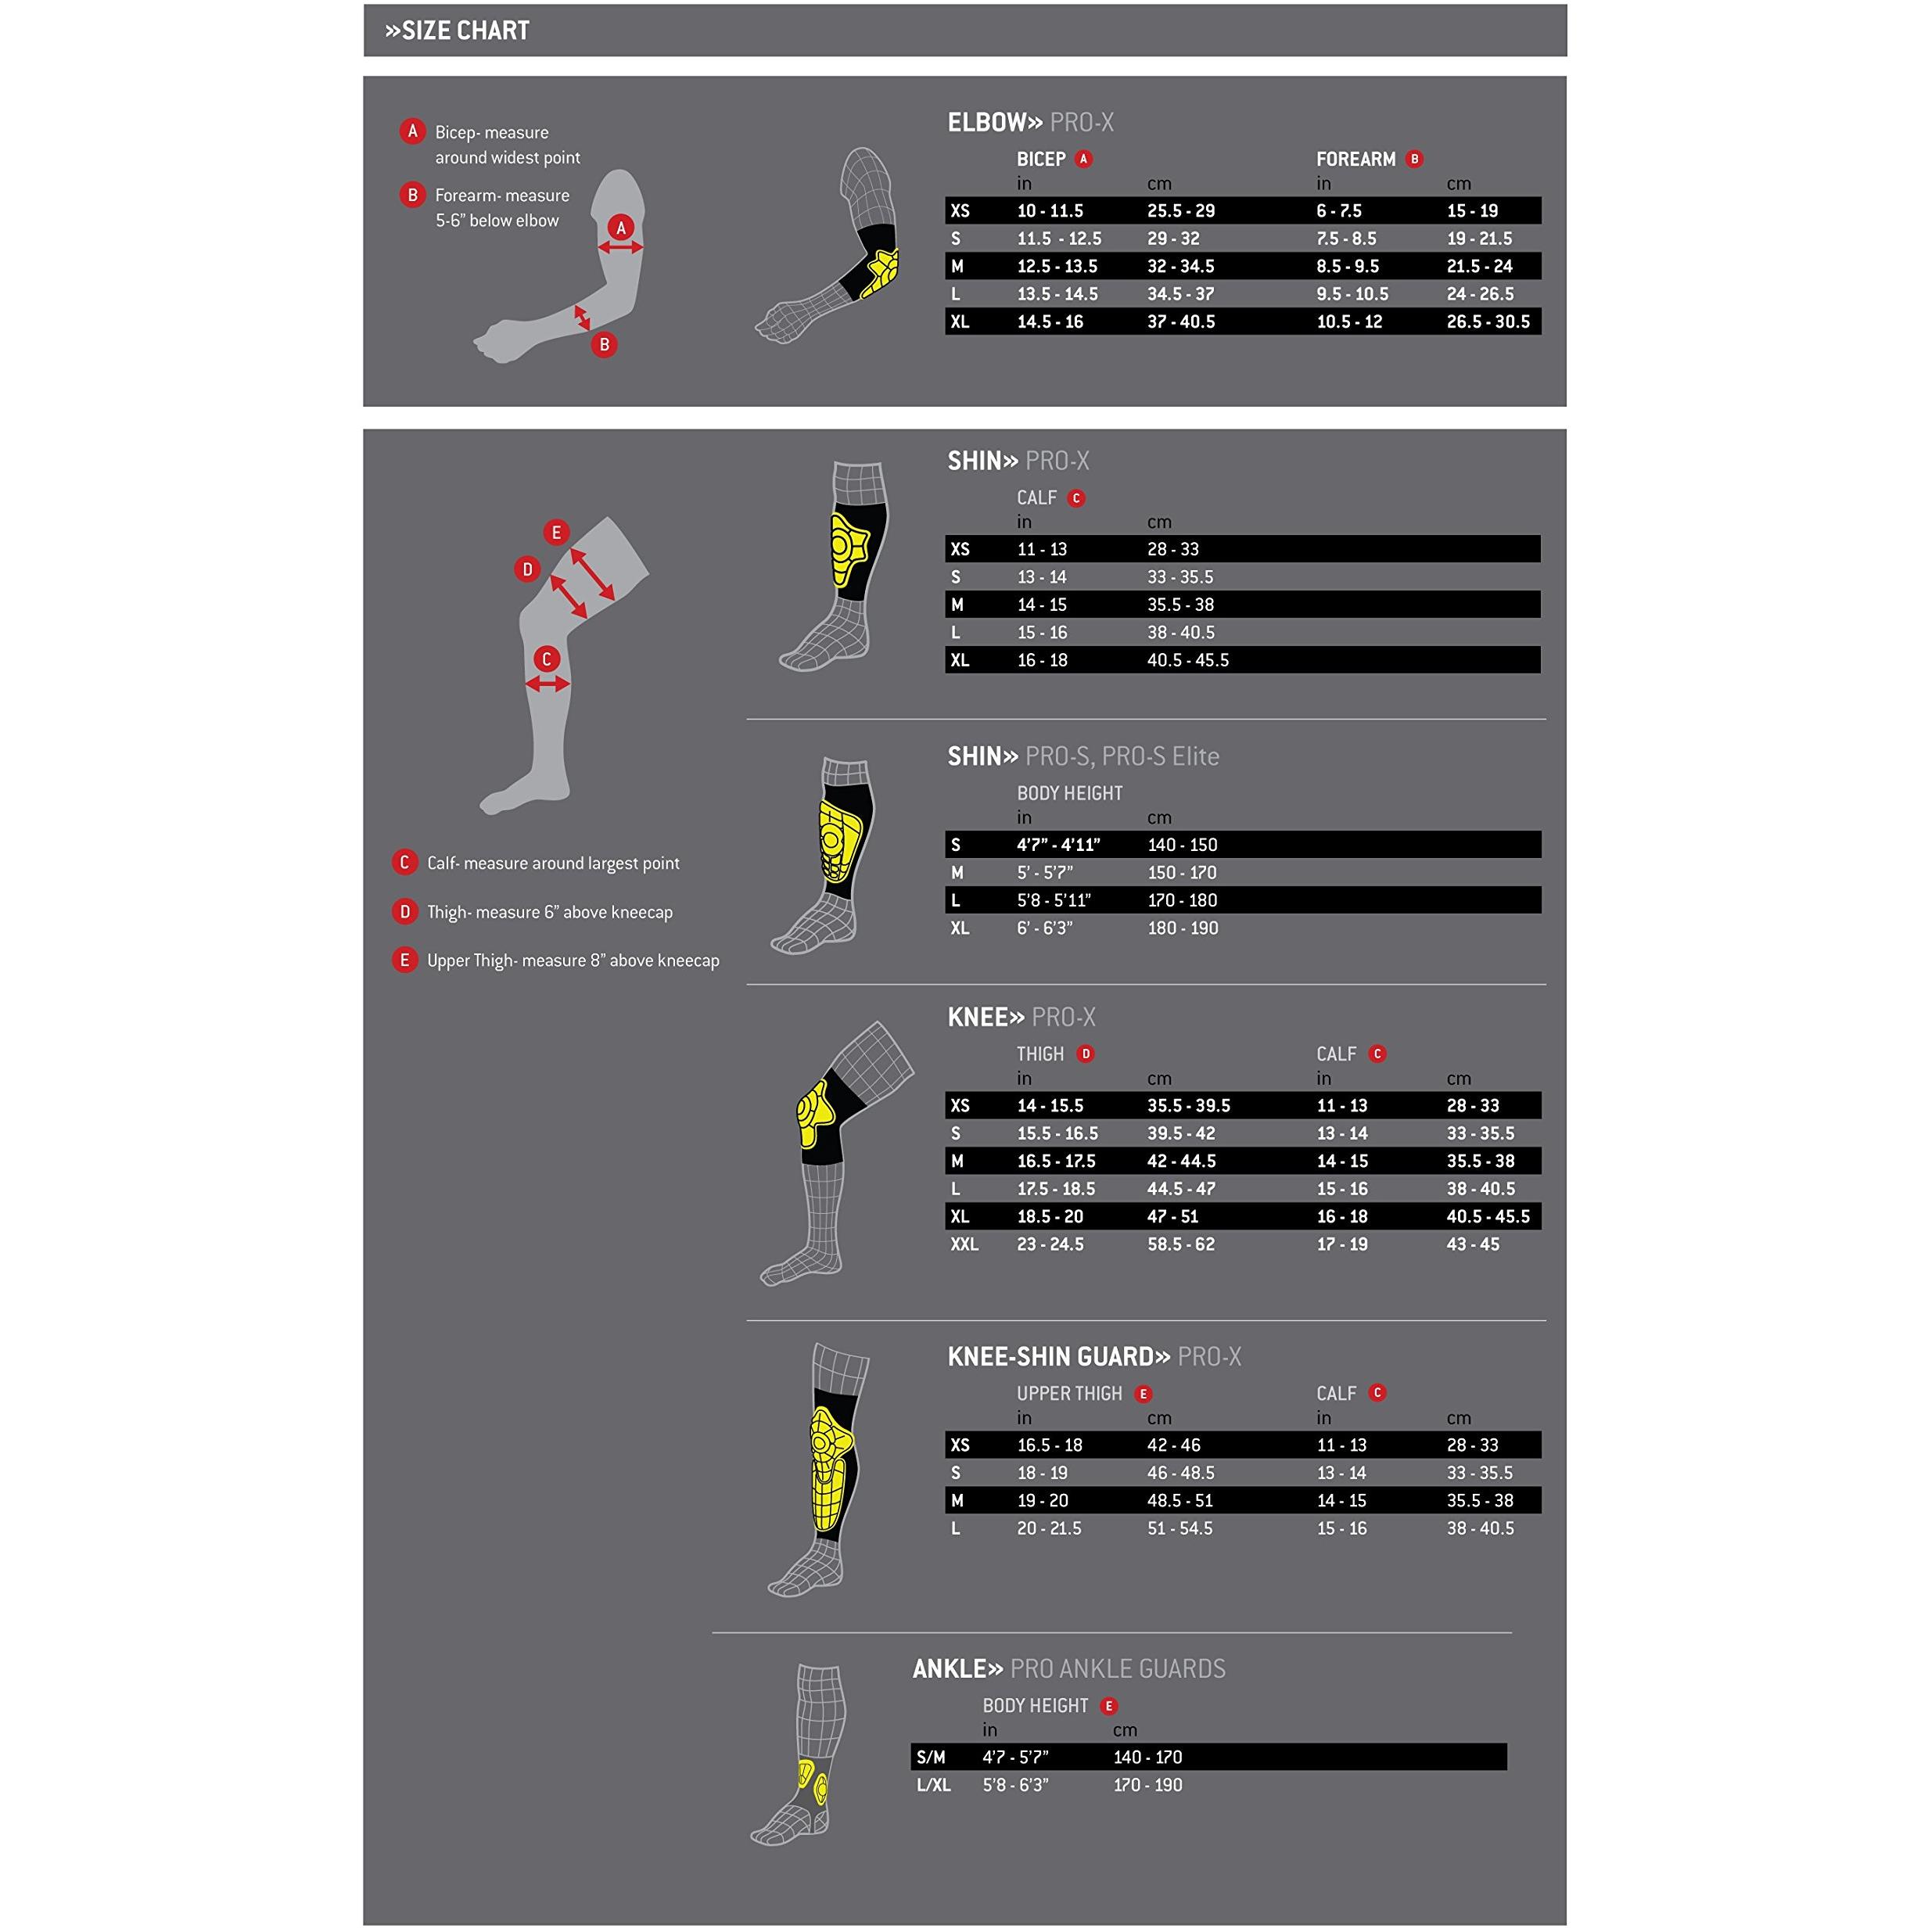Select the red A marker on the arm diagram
pyautogui.click(x=621, y=228)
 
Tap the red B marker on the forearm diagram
pyautogui.click(x=604, y=345)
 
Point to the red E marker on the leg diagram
pyautogui.click(x=556, y=533)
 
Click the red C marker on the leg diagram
pyautogui.click(x=546, y=659)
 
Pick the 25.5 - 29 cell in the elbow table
pyautogui.click(x=1180, y=211)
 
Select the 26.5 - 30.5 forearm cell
pyautogui.click(x=1488, y=322)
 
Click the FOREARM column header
pyautogui.click(x=1355, y=160)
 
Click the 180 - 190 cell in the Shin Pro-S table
pyautogui.click(x=1183, y=928)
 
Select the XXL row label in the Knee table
pyautogui.click(x=964, y=1244)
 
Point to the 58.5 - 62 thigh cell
pyautogui.click(x=1180, y=1244)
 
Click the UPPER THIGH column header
pyautogui.click(x=1068, y=1394)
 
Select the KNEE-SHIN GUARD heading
pyautogui.click(x=1057, y=1357)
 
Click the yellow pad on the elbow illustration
pyautogui.click(x=879, y=274)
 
